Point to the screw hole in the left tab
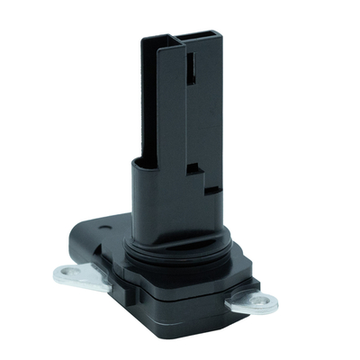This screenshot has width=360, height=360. tap(63, 271)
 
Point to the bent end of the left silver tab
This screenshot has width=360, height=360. tap(53, 275)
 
